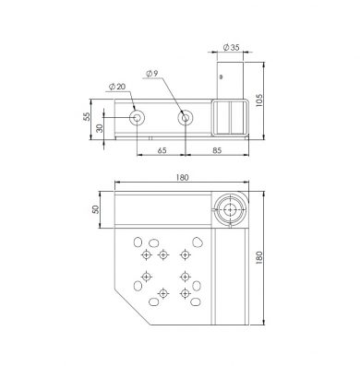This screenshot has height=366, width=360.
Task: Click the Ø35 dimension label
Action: point(231,48)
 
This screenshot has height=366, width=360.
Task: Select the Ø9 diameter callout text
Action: point(152,74)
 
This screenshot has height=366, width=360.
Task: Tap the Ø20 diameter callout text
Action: point(117,87)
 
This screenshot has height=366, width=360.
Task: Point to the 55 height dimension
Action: point(87,116)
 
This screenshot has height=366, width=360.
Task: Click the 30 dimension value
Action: point(100,128)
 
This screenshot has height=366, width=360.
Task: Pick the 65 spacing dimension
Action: point(162,150)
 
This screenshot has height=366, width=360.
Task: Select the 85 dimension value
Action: point(217,150)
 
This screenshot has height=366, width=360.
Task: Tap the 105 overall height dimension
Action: point(259,100)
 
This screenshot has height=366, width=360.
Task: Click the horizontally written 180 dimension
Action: point(182,177)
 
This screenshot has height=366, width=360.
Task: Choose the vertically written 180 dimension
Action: point(259,258)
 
